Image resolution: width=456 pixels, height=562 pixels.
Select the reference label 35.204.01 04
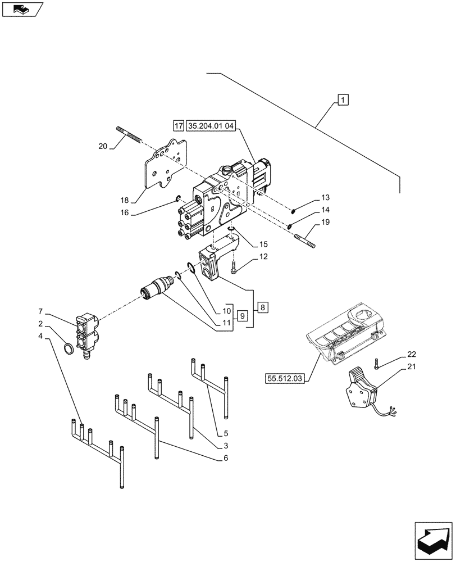click(213, 126)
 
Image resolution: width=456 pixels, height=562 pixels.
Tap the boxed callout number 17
click(179, 126)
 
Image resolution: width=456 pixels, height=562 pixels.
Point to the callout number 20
click(102, 146)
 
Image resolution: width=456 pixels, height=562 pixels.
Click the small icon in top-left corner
click(21, 9)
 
